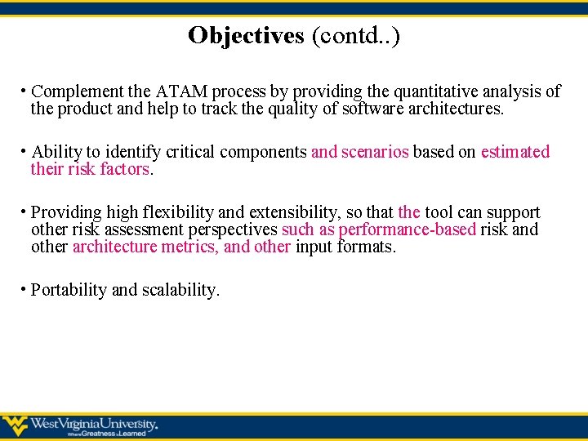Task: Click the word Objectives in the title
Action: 245,36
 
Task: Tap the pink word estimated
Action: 515,152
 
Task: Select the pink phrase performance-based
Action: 407,229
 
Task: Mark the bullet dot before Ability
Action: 24,149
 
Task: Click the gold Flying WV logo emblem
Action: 16,425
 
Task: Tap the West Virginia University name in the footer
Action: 94,423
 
